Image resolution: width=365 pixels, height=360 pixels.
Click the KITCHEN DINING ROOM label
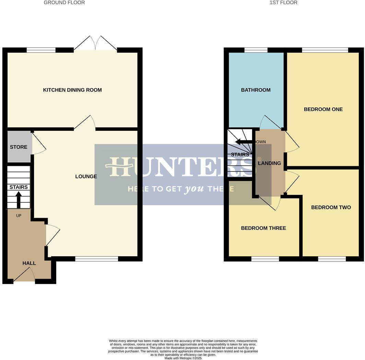[72, 90]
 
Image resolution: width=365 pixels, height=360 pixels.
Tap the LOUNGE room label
[86, 177]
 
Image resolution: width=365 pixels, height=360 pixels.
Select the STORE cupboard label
[19, 147]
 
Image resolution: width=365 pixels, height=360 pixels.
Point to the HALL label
[29, 263]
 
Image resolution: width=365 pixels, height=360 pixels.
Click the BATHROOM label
[256, 90]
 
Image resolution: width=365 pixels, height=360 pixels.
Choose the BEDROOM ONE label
[323, 109]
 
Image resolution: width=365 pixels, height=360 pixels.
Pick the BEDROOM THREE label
[263, 228]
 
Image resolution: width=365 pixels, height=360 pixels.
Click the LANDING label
[269, 163]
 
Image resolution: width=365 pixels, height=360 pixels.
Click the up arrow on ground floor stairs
[19, 200]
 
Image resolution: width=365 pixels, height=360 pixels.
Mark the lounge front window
[96, 259]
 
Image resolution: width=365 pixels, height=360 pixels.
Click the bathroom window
[256, 50]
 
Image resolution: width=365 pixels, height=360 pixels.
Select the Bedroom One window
[325, 50]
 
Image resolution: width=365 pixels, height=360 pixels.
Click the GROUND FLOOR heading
[64, 2]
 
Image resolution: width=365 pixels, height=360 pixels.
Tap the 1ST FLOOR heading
[283, 2]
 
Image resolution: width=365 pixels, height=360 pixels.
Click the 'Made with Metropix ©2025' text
[183, 358]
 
